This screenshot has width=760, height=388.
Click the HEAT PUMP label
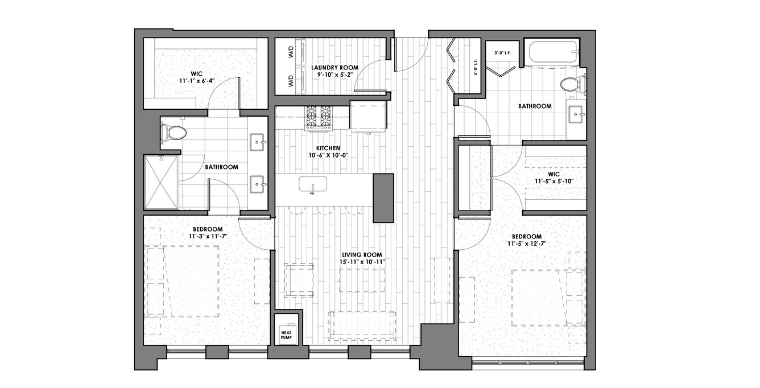click(286, 335)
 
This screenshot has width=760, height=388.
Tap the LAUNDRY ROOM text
click(335, 68)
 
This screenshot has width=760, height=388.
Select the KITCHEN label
click(328, 148)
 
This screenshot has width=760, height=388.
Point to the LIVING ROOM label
click(362, 255)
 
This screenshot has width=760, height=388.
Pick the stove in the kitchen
click(319, 118)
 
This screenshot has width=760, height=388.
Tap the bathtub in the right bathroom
click(553, 52)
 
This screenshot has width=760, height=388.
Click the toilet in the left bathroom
click(174, 133)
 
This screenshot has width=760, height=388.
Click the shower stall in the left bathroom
click(161, 182)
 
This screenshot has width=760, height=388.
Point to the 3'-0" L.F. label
click(502, 53)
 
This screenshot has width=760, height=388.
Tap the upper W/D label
click(291, 52)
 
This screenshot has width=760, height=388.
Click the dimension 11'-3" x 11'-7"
click(208, 236)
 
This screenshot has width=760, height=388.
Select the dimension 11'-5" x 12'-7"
click(527, 243)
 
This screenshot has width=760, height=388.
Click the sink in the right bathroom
click(576, 114)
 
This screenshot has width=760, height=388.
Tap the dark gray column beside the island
click(383, 198)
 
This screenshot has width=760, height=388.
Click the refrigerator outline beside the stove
click(369, 116)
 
